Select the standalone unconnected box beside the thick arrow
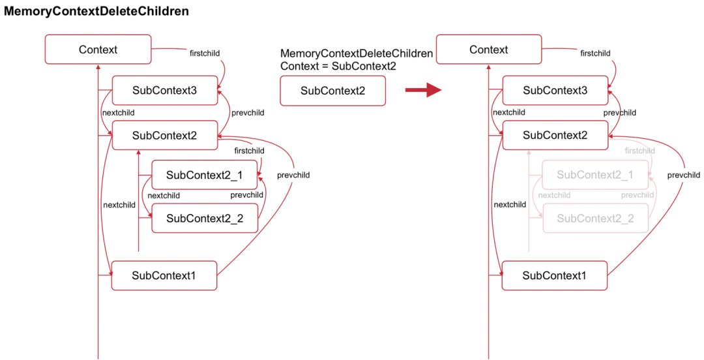click(x=332, y=91)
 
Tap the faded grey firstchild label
click(x=639, y=151)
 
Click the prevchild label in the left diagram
click(x=292, y=175)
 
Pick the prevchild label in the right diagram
click(x=683, y=175)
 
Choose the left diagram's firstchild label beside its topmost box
click(x=204, y=53)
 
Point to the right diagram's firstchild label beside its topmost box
click(x=595, y=53)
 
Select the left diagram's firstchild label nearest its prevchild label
click(x=249, y=151)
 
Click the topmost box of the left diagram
click(x=98, y=50)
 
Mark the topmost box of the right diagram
click(x=489, y=50)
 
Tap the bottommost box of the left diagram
click(x=164, y=275)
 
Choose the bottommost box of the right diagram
click(x=555, y=275)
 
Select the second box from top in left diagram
click(x=164, y=91)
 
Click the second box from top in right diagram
click(x=555, y=91)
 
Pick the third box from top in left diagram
click(x=164, y=135)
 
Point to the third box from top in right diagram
click(x=555, y=135)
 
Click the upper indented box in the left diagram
click(x=205, y=175)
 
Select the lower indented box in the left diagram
click(x=205, y=218)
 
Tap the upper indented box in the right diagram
click(x=595, y=175)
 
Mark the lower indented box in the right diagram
click(x=595, y=218)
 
